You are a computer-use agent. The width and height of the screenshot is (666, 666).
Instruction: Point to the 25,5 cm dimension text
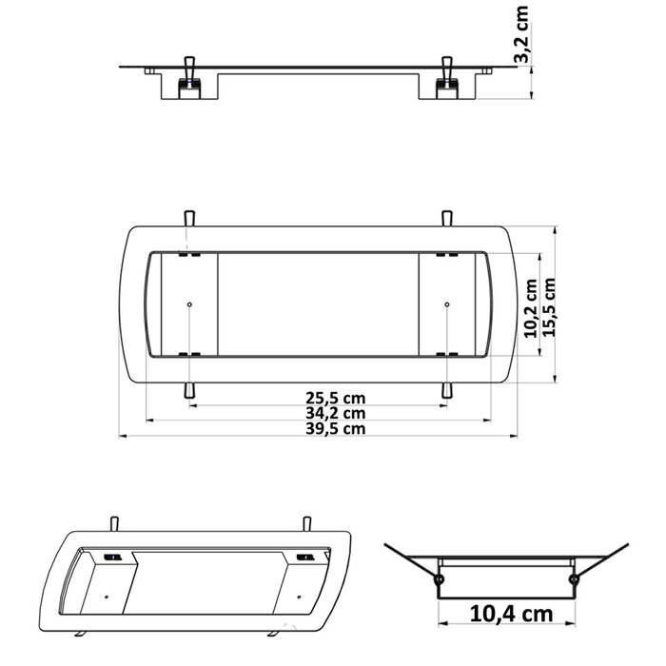click(335, 398)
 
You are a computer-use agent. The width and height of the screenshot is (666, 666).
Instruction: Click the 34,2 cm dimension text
click(335, 413)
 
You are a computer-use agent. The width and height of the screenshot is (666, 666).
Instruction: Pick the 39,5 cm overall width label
click(335, 428)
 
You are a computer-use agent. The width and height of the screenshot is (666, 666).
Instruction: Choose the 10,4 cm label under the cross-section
click(510, 614)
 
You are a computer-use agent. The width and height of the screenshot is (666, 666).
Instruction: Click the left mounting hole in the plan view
click(190, 304)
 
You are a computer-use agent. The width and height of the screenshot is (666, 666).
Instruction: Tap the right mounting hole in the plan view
click(446, 304)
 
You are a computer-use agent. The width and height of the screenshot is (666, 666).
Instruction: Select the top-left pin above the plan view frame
click(190, 217)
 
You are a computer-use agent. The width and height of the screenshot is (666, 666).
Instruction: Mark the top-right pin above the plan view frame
click(446, 217)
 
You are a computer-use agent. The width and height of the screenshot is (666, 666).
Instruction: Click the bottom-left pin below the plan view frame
click(190, 390)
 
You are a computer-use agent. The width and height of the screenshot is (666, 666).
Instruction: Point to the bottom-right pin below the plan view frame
click(446, 390)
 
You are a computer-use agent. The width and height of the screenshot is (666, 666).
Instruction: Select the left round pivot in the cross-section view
click(439, 578)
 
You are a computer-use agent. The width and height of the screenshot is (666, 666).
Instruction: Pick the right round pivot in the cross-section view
click(574, 578)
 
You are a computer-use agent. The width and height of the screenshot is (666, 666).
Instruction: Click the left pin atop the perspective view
click(115, 522)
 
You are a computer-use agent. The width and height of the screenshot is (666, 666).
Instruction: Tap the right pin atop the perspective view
click(306, 522)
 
